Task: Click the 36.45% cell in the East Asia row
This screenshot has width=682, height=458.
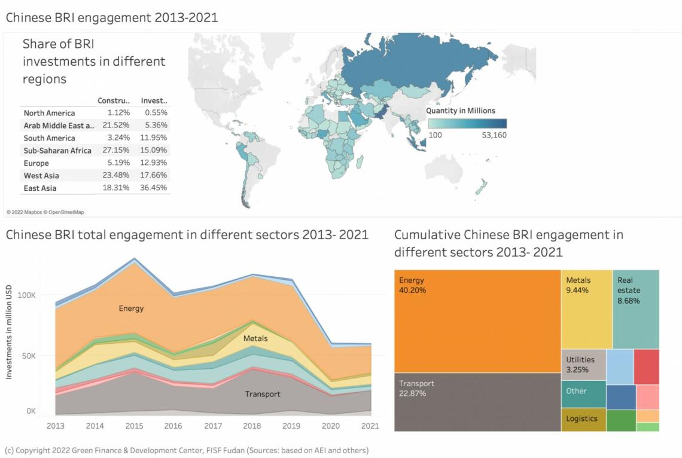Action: tap(156, 188)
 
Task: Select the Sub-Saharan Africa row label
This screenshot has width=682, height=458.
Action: tap(57, 151)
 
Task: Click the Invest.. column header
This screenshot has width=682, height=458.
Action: tap(154, 100)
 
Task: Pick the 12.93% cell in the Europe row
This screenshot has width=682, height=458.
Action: tap(156, 163)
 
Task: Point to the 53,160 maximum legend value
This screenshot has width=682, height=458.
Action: tap(494, 136)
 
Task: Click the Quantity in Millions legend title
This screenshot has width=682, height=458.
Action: tap(461, 111)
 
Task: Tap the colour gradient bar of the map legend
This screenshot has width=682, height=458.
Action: tap(467, 123)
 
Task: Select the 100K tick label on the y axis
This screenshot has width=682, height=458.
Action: tap(27, 295)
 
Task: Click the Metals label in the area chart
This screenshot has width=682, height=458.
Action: tap(255, 338)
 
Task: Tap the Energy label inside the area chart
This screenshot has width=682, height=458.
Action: tap(131, 309)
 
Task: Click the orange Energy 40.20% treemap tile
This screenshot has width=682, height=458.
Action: tap(477, 321)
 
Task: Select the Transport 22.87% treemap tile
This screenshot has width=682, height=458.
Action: tap(477, 402)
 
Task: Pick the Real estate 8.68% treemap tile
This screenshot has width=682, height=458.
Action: tap(635, 309)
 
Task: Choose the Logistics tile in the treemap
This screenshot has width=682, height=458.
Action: tap(583, 419)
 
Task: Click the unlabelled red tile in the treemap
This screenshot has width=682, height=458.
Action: tap(646, 367)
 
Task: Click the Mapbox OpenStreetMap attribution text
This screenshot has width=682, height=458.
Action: tap(45, 212)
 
